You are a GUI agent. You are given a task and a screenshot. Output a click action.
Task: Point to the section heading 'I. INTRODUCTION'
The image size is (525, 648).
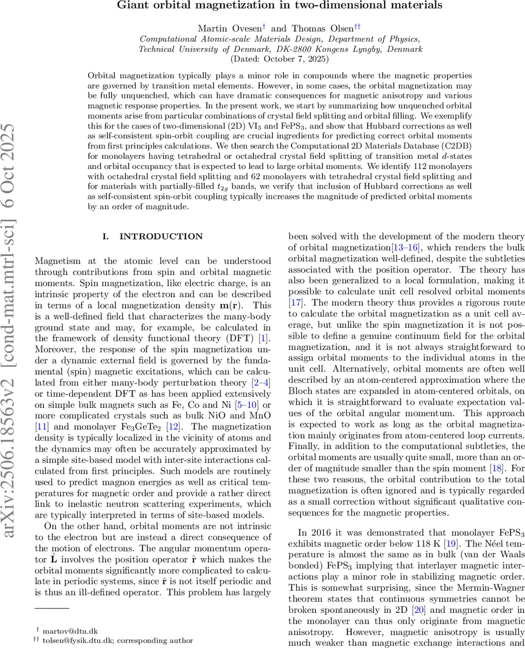(153, 237)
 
